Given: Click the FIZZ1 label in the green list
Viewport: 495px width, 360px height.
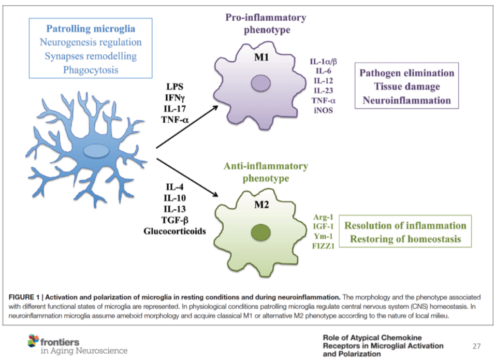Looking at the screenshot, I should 324,246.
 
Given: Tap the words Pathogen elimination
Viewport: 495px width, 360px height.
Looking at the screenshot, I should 407,73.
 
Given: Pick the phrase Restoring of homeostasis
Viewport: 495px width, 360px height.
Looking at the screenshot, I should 405,239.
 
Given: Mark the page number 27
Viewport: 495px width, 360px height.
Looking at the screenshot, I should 476,345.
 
